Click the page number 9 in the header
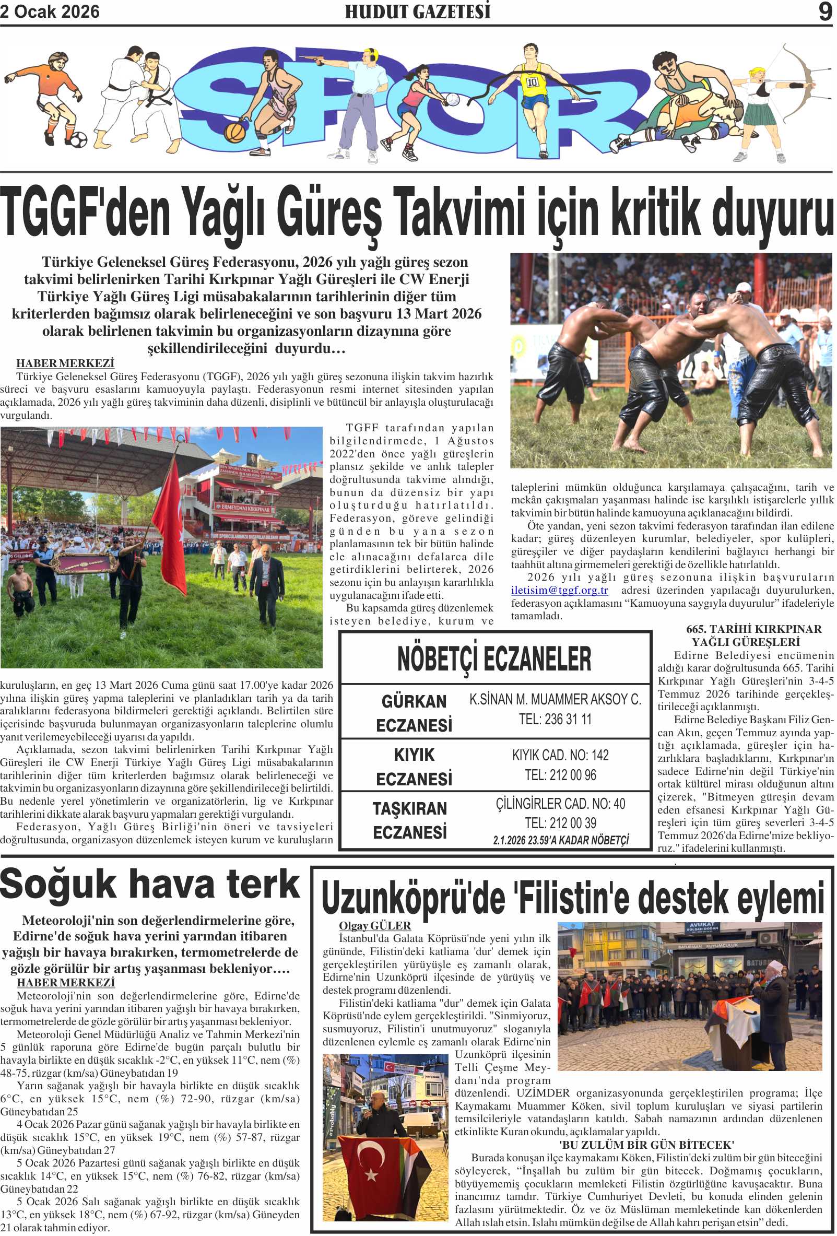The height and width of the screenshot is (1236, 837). [x=825, y=11]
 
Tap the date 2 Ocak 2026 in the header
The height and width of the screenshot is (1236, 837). [x=50, y=11]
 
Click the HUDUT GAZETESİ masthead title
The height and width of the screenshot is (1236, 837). [x=417, y=11]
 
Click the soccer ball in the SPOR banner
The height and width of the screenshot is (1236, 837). [x=78, y=139]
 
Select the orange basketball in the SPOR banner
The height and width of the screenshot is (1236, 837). [x=234, y=132]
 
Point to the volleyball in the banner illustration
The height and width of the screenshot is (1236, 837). [x=453, y=99]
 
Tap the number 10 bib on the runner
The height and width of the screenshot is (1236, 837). [x=532, y=83]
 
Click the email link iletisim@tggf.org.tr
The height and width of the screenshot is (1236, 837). [x=559, y=591]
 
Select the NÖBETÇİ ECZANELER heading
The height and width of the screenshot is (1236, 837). [x=494, y=658]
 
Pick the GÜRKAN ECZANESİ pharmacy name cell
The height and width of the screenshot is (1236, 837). [x=414, y=713]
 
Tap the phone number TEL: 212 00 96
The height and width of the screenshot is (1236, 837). [x=560, y=775]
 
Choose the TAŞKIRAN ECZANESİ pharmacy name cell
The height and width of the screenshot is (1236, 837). [x=409, y=820]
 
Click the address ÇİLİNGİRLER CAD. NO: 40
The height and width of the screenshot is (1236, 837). [x=560, y=804]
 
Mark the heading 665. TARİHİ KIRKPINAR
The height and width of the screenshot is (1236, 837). [x=753, y=629]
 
